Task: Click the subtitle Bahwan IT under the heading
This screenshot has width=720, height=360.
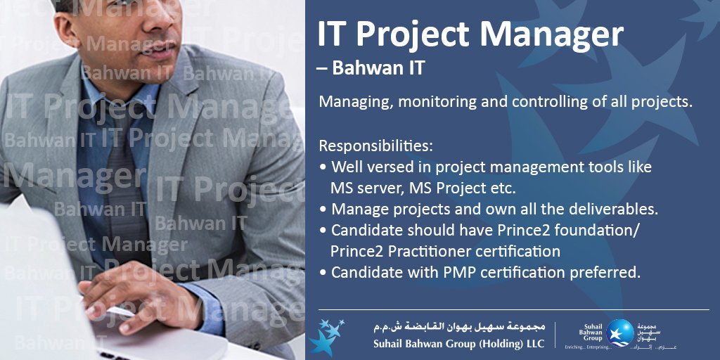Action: tap(379, 69)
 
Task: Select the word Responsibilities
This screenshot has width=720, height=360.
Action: tap(375, 146)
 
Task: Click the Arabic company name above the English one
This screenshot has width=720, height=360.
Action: tap(459, 328)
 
